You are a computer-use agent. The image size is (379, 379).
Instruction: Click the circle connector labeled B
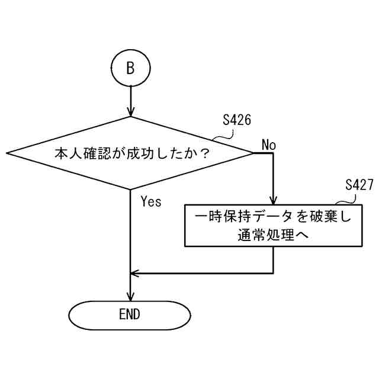click(x=130, y=68)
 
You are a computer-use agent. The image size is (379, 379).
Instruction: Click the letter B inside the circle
click(x=130, y=68)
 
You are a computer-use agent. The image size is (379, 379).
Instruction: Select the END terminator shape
click(x=130, y=314)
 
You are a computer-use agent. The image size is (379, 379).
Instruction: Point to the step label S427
click(x=359, y=185)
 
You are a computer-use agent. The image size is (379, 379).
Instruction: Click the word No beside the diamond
click(x=269, y=145)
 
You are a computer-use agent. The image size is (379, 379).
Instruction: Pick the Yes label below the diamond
click(x=151, y=202)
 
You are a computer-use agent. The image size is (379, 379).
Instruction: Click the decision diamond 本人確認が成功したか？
click(x=130, y=153)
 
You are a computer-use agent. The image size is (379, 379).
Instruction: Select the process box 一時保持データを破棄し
click(x=273, y=226)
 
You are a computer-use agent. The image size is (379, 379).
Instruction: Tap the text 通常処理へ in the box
click(x=273, y=235)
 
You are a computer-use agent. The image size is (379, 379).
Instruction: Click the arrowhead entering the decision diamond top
click(x=130, y=112)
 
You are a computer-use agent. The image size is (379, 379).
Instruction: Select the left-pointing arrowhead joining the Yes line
click(x=134, y=274)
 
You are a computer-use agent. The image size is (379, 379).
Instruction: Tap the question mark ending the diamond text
click(x=205, y=153)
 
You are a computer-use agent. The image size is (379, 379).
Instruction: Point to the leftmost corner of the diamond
click(x=8, y=153)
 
